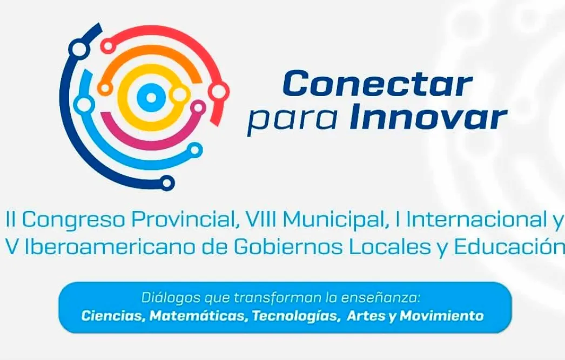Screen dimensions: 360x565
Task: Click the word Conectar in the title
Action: [377, 85]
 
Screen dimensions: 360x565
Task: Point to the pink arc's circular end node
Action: [199, 107]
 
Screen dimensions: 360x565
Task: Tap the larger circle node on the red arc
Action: [219, 92]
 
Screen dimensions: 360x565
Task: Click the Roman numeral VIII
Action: [261, 220]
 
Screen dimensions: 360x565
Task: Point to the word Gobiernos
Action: [281, 247]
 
